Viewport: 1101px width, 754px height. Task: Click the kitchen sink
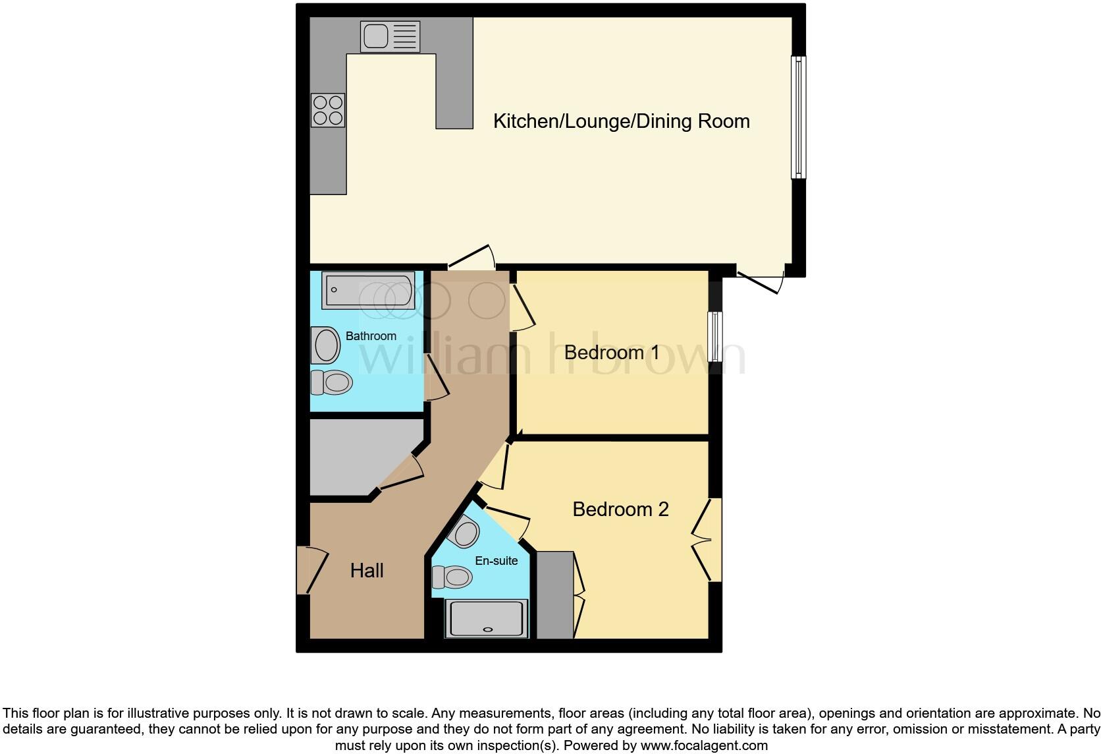[x=390, y=36]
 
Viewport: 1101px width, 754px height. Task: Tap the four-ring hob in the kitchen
[x=328, y=110]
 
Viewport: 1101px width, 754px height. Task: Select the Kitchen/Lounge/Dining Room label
[x=621, y=121]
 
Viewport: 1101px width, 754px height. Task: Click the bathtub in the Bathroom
[x=368, y=290]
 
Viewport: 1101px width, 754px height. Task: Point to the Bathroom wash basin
[x=326, y=345]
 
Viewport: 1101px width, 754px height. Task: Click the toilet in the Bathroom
[x=331, y=382]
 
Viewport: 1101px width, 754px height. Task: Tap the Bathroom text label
[x=371, y=336]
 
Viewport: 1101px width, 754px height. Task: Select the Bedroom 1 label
[x=612, y=353]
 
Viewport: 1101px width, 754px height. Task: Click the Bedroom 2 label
[x=620, y=509]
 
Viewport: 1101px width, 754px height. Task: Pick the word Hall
[x=367, y=571]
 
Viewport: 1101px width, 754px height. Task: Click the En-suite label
[x=497, y=561]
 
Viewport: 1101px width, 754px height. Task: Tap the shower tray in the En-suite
[x=487, y=618]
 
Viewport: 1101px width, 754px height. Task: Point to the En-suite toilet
[x=452, y=577]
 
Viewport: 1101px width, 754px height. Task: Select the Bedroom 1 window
[x=715, y=336]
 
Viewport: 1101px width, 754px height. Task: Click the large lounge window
[x=798, y=117]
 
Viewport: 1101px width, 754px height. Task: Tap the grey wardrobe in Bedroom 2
[x=555, y=595]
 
